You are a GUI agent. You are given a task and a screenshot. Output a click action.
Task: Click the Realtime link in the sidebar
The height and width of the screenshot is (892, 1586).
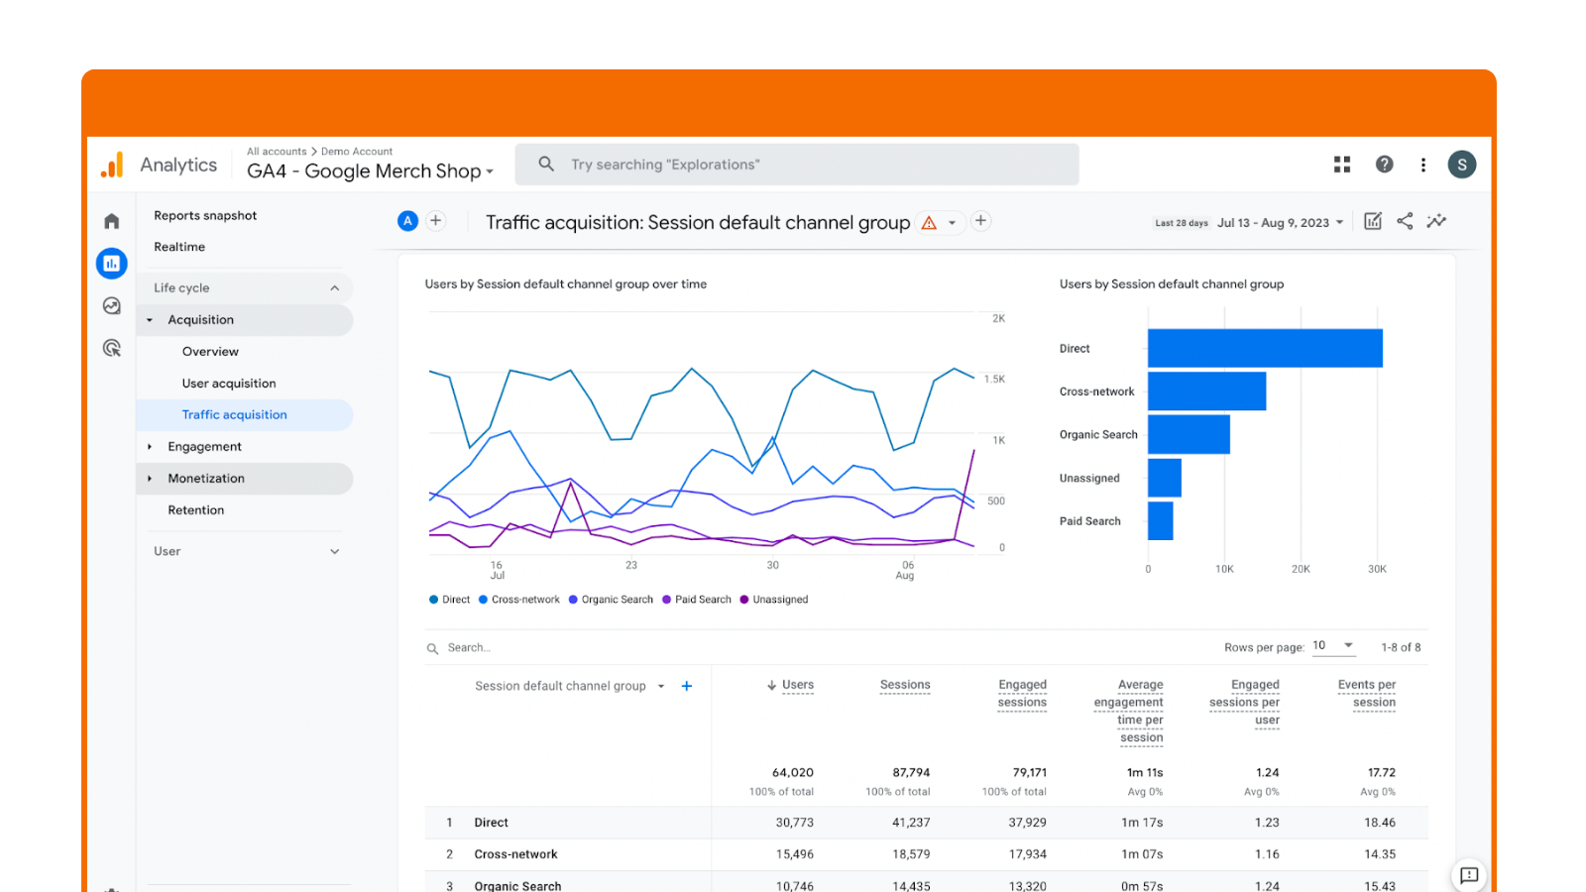(x=179, y=247)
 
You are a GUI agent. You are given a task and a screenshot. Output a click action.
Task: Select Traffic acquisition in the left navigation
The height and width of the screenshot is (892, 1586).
(x=234, y=415)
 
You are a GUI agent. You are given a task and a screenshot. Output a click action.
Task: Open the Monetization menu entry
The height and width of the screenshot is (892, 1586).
(x=206, y=479)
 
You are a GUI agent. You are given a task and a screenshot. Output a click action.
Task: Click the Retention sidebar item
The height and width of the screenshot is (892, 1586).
(x=196, y=510)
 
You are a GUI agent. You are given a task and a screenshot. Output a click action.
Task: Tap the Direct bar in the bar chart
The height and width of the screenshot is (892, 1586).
(x=1265, y=349)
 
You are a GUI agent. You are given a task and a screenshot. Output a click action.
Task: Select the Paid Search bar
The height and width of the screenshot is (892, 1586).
(x=1160, y=521)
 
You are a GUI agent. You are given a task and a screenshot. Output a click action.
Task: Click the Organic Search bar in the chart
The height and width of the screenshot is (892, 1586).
(x=1189, y=435)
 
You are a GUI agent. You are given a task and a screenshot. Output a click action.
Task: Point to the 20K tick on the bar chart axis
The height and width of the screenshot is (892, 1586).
(x=1301, y=569)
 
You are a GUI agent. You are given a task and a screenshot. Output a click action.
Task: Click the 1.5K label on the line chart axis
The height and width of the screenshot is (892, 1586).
(x=994, y=380)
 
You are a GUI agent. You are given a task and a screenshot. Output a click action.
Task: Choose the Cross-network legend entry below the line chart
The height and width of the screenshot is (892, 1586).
(x=524, y=600)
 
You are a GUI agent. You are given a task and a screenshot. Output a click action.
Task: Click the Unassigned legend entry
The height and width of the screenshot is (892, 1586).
(x=779, y=600)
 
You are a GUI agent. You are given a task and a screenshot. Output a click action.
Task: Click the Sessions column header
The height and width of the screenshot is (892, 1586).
(x=905, y=685)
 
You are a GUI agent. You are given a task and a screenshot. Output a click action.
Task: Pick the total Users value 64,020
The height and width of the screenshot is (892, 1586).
(x=793, y=773)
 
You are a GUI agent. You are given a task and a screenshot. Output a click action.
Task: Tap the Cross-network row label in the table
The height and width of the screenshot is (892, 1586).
(x=515, y=854)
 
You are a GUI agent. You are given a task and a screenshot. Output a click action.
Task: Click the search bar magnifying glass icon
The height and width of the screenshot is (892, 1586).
(x=546, y=165)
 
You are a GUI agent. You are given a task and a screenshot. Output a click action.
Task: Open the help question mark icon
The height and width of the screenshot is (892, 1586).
(x=1384, y=165)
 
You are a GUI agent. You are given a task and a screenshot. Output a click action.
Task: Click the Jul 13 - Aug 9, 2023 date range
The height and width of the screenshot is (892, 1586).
(x=1280, y=223)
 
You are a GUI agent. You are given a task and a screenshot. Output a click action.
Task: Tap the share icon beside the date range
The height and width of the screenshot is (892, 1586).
(x=1405, y=221)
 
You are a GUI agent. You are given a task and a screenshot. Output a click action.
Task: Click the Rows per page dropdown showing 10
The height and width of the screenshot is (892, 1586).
(x=1333, y=646)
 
